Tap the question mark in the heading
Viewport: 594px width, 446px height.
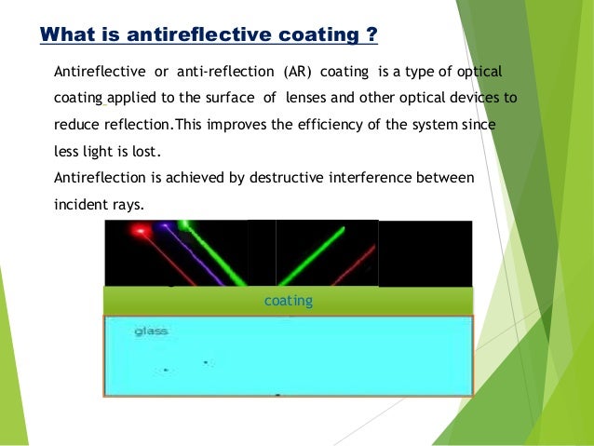371,35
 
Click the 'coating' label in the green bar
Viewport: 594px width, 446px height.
289,302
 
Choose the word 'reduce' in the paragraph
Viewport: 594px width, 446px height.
76,125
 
